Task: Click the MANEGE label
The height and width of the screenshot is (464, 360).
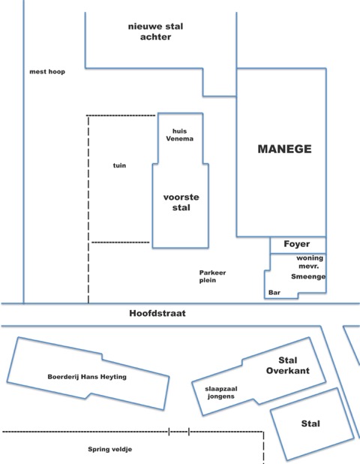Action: click(285, 149)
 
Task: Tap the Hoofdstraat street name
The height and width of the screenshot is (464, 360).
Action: click(157, 313)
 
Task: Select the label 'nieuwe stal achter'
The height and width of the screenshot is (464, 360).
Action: click(155, 32)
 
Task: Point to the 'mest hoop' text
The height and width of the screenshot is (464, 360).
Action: click(47, 71)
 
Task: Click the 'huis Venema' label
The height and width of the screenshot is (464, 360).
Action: click(180, 134)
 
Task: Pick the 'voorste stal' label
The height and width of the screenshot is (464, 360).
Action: click(181, 202)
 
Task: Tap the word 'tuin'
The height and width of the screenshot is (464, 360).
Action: click(119, 165)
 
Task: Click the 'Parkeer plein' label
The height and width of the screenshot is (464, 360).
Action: click(212, 276)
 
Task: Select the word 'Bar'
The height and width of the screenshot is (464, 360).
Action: click(274, 292)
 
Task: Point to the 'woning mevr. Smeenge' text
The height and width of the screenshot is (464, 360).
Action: click(308, 267)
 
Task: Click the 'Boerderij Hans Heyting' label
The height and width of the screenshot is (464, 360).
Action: click(87, 377)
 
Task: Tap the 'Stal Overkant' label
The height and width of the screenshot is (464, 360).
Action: click(287, 365)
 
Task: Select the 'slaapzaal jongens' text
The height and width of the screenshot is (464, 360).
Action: click(221, 393)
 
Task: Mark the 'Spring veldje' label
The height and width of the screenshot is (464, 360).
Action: click(110, 449)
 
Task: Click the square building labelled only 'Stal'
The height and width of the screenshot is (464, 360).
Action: click(312, 424)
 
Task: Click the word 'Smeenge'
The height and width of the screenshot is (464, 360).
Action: click(308, 276)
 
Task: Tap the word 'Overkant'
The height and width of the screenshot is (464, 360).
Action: click(287, 370)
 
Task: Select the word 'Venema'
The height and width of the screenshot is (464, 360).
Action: click(180, 138)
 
